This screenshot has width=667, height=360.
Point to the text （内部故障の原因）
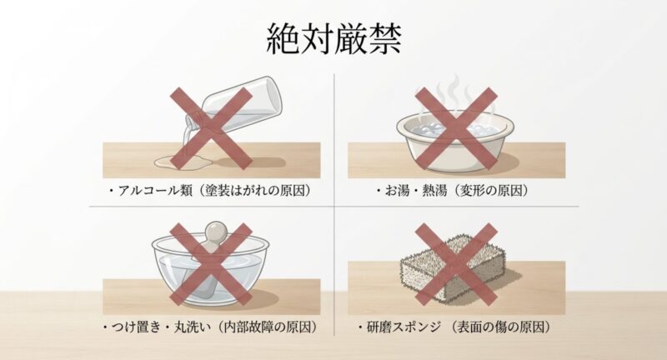pos(274,327)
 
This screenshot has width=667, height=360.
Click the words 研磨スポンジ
pos(408,327)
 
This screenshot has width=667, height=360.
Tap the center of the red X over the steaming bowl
pos(456,127)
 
